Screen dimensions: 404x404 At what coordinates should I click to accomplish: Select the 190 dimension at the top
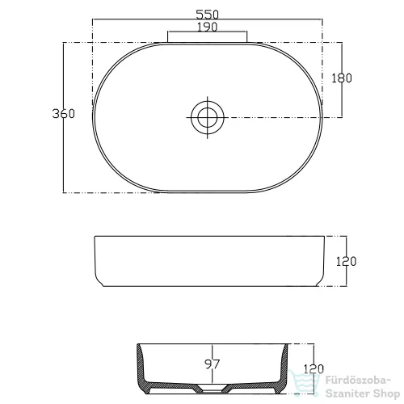tap(207, 27)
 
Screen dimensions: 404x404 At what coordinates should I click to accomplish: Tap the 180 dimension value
tap(342, 78)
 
